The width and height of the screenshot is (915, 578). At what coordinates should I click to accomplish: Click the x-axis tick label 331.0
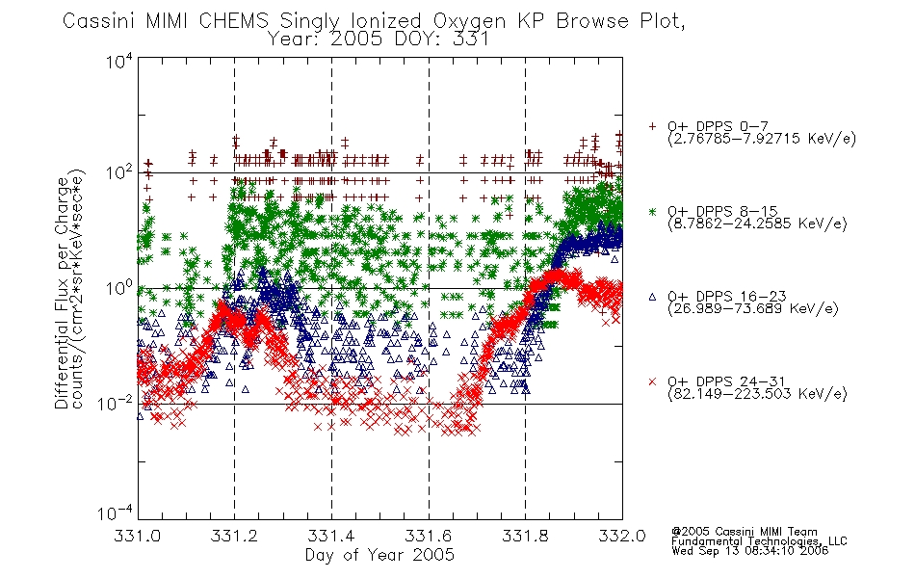(x=137, y=536)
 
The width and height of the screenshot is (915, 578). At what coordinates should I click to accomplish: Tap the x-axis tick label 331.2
(x=234, y=536)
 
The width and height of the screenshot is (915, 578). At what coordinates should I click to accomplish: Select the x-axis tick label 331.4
(x=331, y=536)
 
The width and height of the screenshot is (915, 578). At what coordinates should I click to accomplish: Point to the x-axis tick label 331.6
(x=429, y=536)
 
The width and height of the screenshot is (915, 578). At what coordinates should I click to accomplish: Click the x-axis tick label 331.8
(x=525, y=536)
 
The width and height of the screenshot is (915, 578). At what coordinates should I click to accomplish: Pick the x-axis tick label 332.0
(x=622, y=536)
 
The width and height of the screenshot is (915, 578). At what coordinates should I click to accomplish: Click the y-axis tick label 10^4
(x=118, y=61)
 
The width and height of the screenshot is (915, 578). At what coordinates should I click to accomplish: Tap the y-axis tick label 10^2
(x=118, y=173)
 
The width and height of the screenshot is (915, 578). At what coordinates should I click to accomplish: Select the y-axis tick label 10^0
(x=118, y=288)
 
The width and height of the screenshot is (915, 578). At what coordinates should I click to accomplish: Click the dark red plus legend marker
(x=652, y=126)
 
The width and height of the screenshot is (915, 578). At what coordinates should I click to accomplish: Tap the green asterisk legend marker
(x=652, y=211)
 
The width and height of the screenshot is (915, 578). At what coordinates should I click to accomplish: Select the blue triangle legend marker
(x=652, y=297)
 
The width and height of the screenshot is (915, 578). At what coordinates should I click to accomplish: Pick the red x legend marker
(x=652, y=381)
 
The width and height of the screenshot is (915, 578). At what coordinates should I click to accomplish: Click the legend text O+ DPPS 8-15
(x=722, y=211)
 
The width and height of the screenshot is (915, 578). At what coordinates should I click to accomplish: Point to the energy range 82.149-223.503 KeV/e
(x=757, y=394)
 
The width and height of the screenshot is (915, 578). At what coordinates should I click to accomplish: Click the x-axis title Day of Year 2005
(x=379, y=555)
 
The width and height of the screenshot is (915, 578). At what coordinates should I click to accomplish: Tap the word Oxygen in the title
(x=469, y=21)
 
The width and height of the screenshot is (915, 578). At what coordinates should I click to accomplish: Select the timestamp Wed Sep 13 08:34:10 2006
(x=750, y=550)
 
